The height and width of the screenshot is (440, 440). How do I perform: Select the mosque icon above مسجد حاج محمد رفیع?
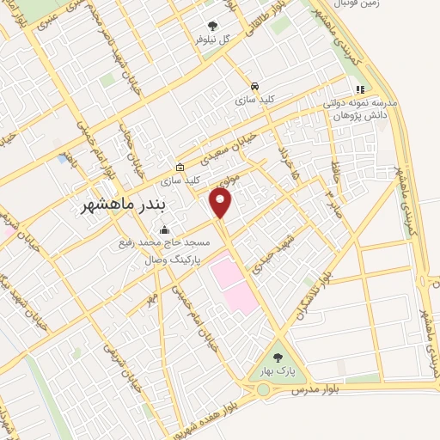point(164,230)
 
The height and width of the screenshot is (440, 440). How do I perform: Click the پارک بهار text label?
point(277,371)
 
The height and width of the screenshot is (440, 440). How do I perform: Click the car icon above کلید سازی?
point(254,87)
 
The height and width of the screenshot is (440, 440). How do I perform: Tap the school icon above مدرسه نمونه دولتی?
point(360,89)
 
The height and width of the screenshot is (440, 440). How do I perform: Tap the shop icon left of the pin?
point(179,167)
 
